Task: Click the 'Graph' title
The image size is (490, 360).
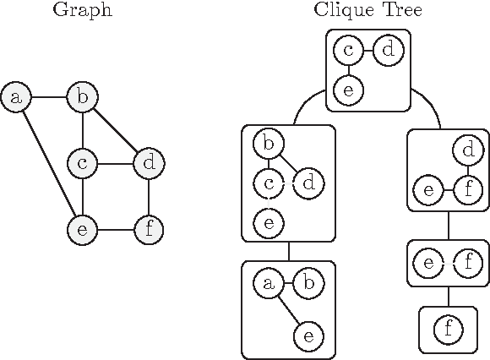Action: coord(82,11)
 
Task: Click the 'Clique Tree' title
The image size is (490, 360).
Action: coord(367,11)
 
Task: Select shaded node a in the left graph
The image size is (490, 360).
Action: coord(15,97)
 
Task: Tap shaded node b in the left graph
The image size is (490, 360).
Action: coord(82,97)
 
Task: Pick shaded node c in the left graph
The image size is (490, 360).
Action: coord(82,162)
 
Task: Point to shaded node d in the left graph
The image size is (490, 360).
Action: coord(149,162)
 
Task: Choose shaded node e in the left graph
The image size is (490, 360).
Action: coord(82,228)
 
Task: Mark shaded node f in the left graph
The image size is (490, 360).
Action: coord(149,228)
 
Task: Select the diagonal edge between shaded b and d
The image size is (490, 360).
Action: coord(116,130)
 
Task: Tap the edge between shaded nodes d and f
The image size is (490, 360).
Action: coord(149,195)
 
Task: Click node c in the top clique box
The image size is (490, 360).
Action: coord(348,51)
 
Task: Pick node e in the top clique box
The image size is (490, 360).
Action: coord(348,89)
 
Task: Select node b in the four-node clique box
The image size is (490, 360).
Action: coord(269,144)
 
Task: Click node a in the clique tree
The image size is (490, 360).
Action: coord(269,283)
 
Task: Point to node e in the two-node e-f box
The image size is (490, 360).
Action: coord(428,263)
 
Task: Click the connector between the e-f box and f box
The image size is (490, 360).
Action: coord(448,296)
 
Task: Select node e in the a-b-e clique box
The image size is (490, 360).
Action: coord(308,336)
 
